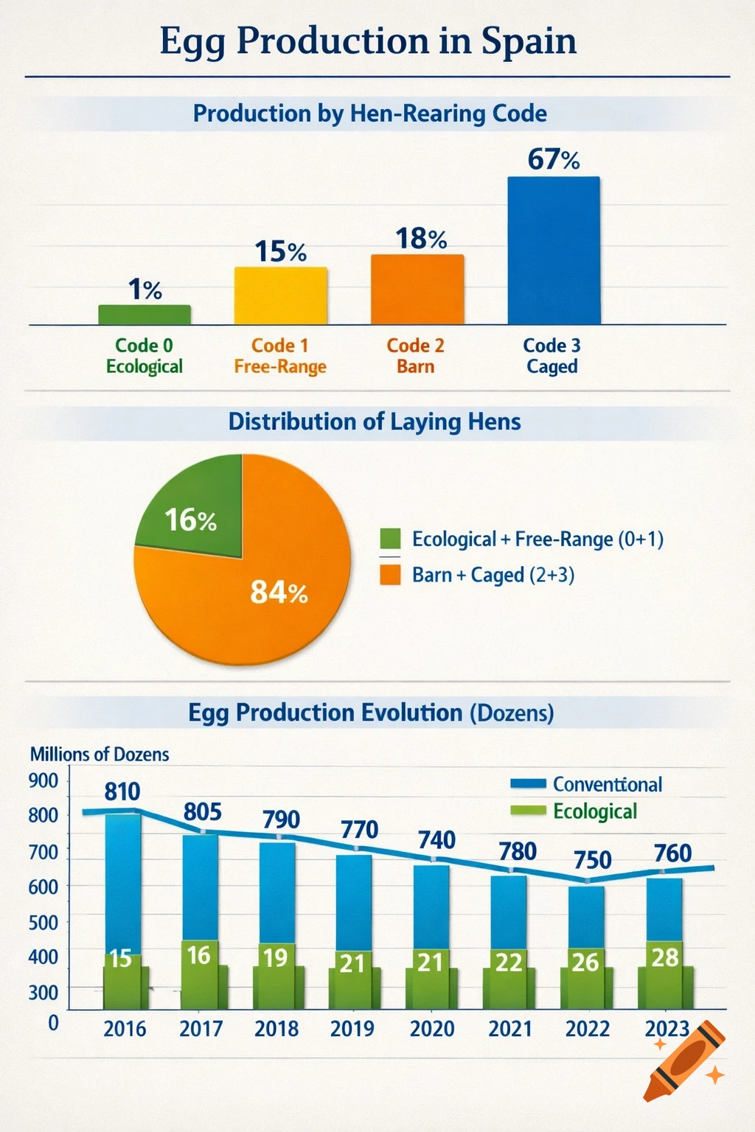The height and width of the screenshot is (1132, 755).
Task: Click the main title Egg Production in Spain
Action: click(x=368, y=41)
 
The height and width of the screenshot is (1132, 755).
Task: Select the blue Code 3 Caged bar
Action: click(x=553, y=251)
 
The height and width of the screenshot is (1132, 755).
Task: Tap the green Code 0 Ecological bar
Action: click(x=145, y=315)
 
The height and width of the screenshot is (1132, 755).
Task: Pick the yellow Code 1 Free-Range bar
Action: click(x=280, y=296)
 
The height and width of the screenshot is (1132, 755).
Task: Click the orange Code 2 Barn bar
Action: click(x=417, y=290)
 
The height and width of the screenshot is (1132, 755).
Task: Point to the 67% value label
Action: click(x=553, y=159)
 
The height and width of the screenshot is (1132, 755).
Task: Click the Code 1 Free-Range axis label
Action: click(x=280, y=356)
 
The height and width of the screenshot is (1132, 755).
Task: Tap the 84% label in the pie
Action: click(x=279, y=592)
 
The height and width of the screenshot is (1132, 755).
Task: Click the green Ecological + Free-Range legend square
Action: click(x=390, y=539)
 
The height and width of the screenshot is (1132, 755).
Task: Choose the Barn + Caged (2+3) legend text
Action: click(x=493, y=575)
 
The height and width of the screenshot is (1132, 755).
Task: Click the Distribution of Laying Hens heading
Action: click(x=375, y=422)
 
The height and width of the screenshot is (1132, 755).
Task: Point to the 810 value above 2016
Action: click(x=122, y=792)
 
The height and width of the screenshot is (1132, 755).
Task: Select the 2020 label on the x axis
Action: click(x=432, y=1028)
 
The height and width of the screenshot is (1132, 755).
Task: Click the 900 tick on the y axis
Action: click(x=43, y=780)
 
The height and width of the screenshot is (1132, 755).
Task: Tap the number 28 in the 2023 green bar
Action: click(x=664, y=957)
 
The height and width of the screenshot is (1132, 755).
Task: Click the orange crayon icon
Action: click(x=682, y=1061)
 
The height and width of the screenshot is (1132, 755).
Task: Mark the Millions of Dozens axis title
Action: click(x=100, y=754)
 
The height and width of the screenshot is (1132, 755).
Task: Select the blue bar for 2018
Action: click(x=277, y=892)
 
